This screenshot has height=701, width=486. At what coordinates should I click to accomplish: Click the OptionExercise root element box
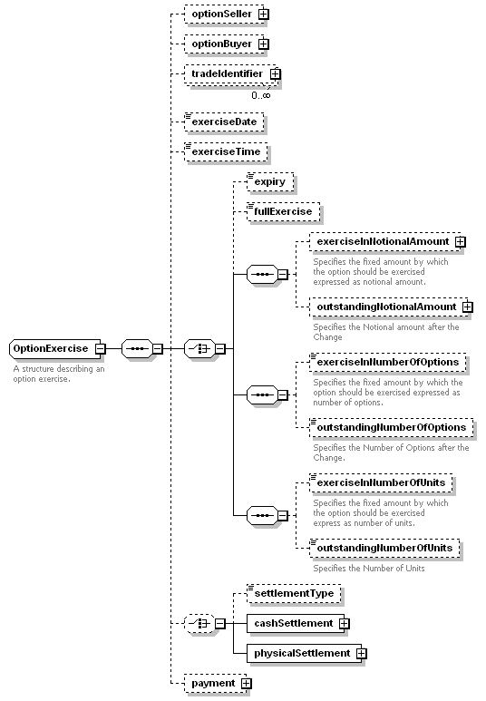tap(55, 349)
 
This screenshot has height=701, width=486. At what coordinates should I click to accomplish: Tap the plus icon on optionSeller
tap(264, 14)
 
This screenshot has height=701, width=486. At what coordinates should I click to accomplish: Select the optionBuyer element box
tap(224, 44)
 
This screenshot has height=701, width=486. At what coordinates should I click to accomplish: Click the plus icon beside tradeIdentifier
tap(276, 73)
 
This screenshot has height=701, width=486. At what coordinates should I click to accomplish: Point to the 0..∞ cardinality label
tap(260, 95)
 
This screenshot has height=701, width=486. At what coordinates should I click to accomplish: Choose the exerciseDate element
tap(224, 122)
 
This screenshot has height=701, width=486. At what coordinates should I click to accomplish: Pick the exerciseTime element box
tap(226, 152)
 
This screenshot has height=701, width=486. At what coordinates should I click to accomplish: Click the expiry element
tap(270, 182)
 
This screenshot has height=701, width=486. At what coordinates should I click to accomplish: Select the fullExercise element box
tap(284, 212)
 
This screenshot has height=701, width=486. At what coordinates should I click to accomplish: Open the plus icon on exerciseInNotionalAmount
tap(460, 242)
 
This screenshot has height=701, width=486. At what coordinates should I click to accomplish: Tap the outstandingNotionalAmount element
tap(389, 307)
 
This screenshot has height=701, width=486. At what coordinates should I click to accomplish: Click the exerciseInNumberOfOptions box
tap(388, 363)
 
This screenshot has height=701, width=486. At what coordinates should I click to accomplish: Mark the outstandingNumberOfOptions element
tap(391, 428)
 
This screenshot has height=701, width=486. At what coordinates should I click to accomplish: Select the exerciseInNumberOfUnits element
tap(381, 483)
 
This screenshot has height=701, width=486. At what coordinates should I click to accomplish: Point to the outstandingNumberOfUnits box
tap(384, 549)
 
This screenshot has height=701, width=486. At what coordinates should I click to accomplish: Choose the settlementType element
tap(294, 594)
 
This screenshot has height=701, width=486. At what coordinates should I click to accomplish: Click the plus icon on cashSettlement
tap(345, 624)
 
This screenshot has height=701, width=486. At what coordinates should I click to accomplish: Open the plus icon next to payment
tap(247, 684)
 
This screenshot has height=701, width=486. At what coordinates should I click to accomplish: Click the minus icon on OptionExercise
tap(101, 349)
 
